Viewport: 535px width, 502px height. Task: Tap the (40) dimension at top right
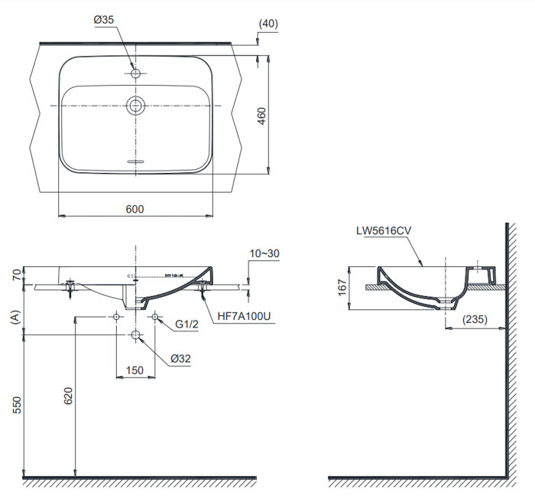(x=268, y=23)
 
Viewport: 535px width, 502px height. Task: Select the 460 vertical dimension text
(x=262, y=116)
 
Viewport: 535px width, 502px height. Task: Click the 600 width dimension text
(x=135, y=209)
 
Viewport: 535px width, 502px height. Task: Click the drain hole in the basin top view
(x=136, y=105)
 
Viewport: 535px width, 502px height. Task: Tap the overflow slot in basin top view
(x=135, y=163)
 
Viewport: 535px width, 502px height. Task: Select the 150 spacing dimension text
(x=135, y=370)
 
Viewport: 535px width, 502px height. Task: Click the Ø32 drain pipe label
(x=181, y=357)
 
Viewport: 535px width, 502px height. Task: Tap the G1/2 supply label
(x=186, y=324)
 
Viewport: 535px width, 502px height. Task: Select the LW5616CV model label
(x=383, y=230)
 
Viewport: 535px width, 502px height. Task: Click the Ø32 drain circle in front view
(x=135, y=335)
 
